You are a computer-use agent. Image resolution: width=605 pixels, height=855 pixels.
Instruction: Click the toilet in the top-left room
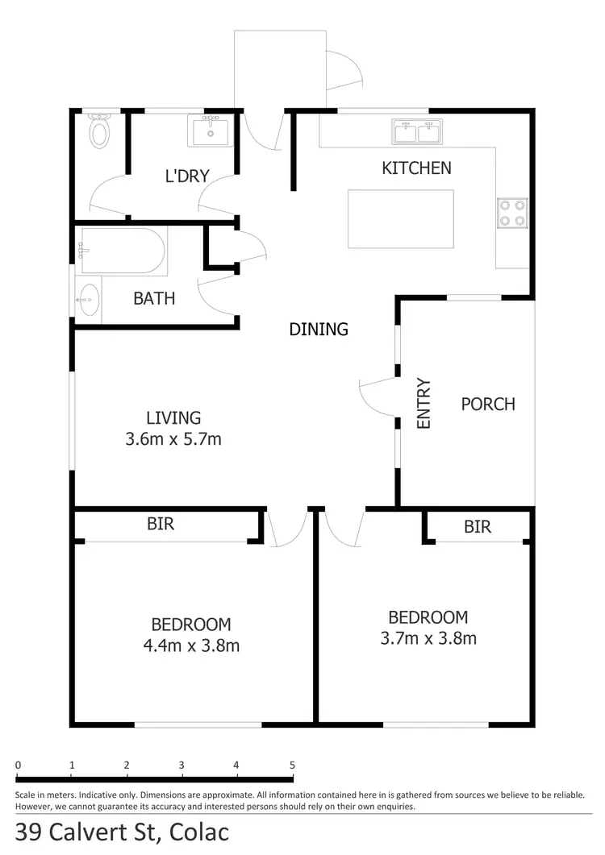(99, 131)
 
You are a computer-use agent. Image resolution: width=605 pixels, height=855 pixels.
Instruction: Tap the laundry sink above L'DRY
(211, 131)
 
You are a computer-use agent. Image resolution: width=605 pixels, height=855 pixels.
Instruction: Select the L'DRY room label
(187, 176)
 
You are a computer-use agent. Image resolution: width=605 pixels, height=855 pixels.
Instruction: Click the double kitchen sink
(417, 131)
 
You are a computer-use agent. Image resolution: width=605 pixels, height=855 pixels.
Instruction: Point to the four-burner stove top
(512, 213)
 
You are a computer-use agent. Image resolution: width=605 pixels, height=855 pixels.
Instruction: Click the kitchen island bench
(400, 218)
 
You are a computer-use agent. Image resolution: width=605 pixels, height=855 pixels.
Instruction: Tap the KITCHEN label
(416, 168)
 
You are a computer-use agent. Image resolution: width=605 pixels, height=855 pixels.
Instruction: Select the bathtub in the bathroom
(123, 251)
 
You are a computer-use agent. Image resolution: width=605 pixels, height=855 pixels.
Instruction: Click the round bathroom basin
(89, 301)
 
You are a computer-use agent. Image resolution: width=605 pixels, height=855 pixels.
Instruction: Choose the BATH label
(154, 298)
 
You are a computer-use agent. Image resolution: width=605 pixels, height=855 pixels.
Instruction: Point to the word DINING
(319, 329)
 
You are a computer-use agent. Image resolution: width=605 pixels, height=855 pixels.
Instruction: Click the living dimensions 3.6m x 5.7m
(173, 439)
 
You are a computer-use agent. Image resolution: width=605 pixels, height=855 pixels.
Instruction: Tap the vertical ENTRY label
(424, 403)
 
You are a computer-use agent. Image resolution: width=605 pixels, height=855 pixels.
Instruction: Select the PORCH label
(487, 404)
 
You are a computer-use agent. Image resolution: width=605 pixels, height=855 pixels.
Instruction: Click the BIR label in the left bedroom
(160, 524)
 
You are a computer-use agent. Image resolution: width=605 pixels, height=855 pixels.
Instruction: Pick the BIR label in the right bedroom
(478, 527)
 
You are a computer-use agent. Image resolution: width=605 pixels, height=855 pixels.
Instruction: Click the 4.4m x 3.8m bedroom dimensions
(191, 645)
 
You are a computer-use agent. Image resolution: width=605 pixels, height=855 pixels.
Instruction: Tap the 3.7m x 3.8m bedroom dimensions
(428, 638)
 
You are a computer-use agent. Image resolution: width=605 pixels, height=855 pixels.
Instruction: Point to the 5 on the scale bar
(292, 765)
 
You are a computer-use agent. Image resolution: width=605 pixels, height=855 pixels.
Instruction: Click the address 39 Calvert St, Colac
(122, 832)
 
